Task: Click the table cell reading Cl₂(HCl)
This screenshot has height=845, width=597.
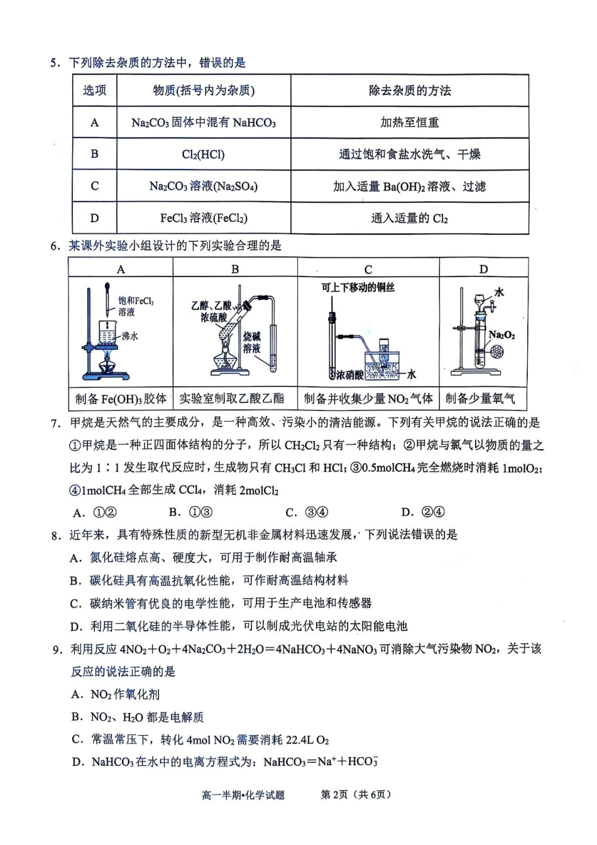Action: coord(203,154)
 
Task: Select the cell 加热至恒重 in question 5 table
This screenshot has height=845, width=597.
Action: coord(409,123)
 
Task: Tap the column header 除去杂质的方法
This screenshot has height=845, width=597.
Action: coord(409,90)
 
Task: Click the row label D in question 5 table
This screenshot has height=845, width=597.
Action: coord(94,218)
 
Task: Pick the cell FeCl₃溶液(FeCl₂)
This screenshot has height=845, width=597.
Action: coord(203,218)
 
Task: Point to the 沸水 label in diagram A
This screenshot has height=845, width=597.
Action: coord(129,336)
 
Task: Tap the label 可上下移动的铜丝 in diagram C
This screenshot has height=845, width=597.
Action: coord(358,287)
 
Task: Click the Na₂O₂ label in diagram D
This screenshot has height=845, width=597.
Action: coord(501,335)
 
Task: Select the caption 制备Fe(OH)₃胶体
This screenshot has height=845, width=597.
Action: coord(121,398)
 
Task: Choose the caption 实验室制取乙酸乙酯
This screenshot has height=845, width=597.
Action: coord(231,398)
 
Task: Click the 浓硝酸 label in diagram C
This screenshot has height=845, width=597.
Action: coord(349,375)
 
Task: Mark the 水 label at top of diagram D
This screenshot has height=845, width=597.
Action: coord(500,292)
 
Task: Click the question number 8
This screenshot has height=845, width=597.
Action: coord(56,535)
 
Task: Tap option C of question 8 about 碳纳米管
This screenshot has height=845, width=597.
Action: coord(221,603)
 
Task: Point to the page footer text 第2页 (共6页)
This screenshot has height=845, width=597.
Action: coord(356,795)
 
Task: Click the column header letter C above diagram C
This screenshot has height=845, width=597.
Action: coord(368,269)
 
